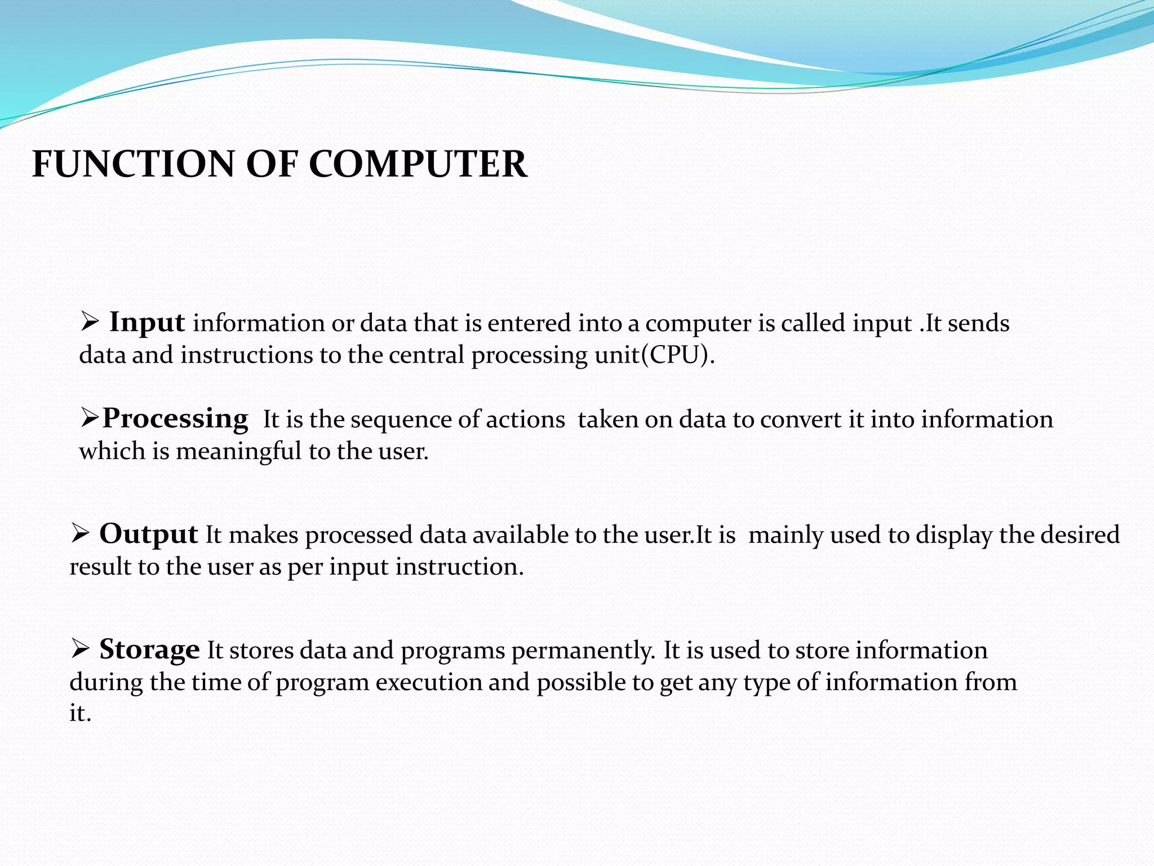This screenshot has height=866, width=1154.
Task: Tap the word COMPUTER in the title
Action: pos(418,165)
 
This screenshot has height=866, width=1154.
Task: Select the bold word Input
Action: pos(147,322)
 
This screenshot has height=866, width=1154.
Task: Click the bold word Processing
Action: pos(175,419)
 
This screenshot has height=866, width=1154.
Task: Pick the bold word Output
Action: pos(148,534)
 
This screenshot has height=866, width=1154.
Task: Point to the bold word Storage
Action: pos(149,649)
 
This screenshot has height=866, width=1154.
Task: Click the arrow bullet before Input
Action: pos(90,323)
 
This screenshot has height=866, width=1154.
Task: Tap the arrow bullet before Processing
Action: pos(90,419)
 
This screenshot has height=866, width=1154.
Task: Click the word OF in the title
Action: pos(270,165)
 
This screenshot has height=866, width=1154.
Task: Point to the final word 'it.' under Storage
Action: pos(80,713)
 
